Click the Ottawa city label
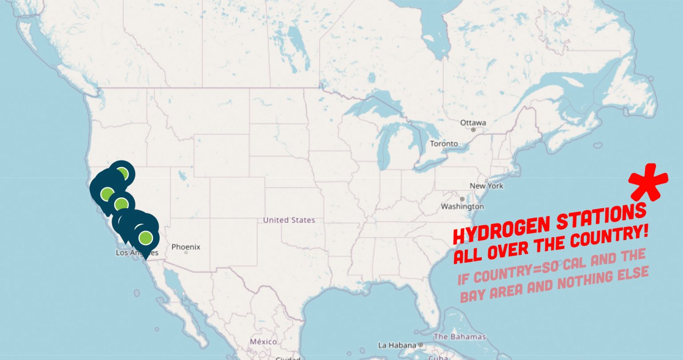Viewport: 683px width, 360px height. click(x=473, y=123)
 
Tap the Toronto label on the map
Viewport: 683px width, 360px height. click(x=443, y=144)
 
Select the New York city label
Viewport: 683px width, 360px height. click(x=486, y=186)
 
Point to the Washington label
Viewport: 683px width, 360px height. click(x=462, y=207)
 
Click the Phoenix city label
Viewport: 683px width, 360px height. click(x=186, y=247)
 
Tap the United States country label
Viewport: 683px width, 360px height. click(x=289, y=220)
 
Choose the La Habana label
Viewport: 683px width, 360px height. click(x=397, y=345)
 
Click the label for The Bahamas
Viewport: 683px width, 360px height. click(x=459, y=336)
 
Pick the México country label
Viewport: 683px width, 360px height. click(x=263, y=342)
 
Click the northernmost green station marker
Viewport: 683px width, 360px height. click(x=123, y=173)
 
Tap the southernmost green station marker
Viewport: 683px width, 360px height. click(x=145, y=238)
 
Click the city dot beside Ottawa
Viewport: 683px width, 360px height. click(x=474, y=130)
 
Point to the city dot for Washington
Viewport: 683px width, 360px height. click(x=462, y=199)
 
